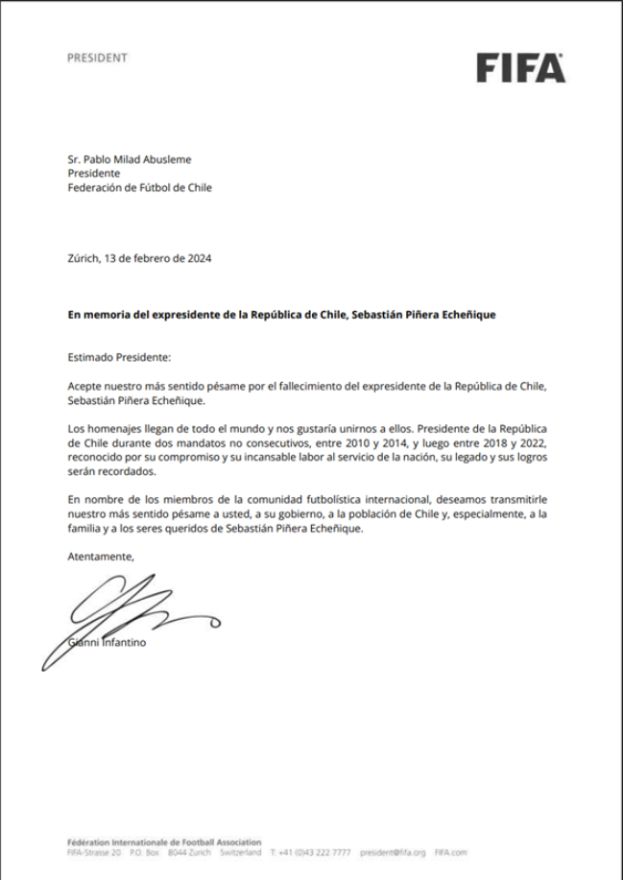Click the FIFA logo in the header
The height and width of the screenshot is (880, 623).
tap(521, 68)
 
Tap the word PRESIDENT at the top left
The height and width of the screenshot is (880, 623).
tap(97, 58)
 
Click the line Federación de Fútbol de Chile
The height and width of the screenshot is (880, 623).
tap(139, 187)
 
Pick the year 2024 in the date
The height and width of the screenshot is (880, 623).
tap(199, 258)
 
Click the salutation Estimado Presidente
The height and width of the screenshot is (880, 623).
tap(118, 357)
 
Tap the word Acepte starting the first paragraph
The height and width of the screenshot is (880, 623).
tap(85, 385)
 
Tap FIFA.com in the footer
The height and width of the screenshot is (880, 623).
tap(450, 851)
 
